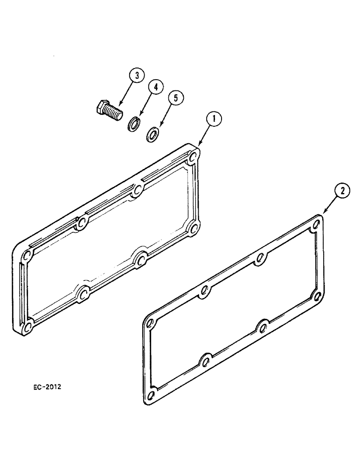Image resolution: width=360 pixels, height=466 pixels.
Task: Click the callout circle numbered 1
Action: [x=214, y=120]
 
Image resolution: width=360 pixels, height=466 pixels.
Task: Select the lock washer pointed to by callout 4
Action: [x=134, y=124]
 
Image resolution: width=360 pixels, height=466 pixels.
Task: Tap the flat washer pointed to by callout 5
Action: [x=152, y=134]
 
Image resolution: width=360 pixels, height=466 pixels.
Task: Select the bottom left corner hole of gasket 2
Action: [x=150, y=397]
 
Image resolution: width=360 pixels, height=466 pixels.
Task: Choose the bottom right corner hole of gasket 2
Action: [x=318, y=296]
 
